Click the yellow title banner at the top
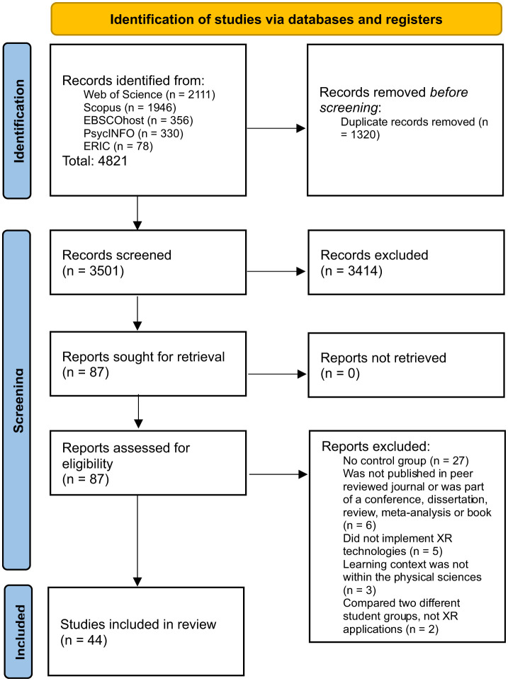[x=276, y=19]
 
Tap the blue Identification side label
[x=18, y=121]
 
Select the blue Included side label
[x=18, y=631]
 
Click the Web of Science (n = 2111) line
[x=149, y=94]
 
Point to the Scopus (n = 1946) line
[x=130, y=108]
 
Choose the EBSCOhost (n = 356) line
[x=138, y=120]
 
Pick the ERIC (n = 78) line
[x=118, y=146]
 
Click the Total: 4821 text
[x=95, y=161]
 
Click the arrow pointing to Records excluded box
[x=276, y=271]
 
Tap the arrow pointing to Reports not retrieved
[x=277, y=374]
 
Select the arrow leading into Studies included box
[x=137, y=541]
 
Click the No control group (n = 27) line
[x=406, y=461]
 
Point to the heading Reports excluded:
[x=376, y=447]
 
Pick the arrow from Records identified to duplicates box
[x=276, y=128]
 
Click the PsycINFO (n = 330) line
[x=133, y=133]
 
